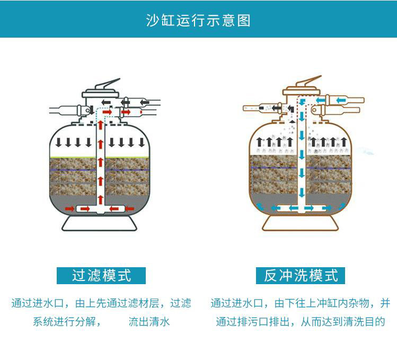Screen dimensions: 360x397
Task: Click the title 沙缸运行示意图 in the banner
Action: (x=198, y=20)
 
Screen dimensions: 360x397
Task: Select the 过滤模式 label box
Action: (x=101, y=276)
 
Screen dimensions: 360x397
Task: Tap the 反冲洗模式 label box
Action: (x=301, y=276)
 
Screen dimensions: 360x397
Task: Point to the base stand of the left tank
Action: (x=100, y=223)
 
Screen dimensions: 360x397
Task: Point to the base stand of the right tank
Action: (x=301, y=223)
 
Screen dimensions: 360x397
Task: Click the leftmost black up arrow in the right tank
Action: (x=259, y=142)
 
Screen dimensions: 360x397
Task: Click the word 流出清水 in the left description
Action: (x=149, y=321)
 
